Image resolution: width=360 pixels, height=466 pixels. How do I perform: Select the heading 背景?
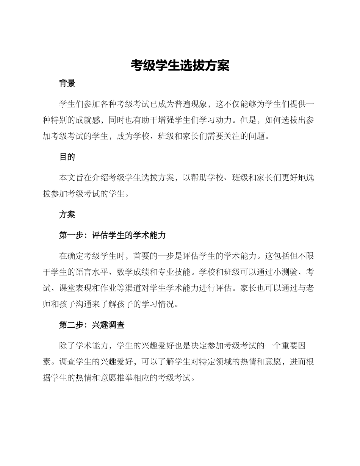[x=67, y=83]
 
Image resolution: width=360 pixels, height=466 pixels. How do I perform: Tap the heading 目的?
[x=67, y=157]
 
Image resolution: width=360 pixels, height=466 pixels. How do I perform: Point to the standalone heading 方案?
[x=67, y=214]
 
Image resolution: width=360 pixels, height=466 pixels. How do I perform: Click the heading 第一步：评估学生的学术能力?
[x=113, y=235]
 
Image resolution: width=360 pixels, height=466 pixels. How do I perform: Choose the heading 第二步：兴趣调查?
[x=92, y=325]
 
